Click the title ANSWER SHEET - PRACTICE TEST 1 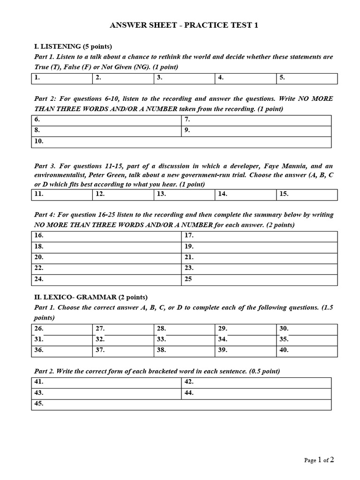[184, 25]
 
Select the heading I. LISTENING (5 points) [73, 46]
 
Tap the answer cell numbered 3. [185, 78]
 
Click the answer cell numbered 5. [307, 78]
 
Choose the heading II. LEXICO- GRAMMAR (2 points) [90, 297]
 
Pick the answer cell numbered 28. [185, 329]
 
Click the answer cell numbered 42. [256, 382]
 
